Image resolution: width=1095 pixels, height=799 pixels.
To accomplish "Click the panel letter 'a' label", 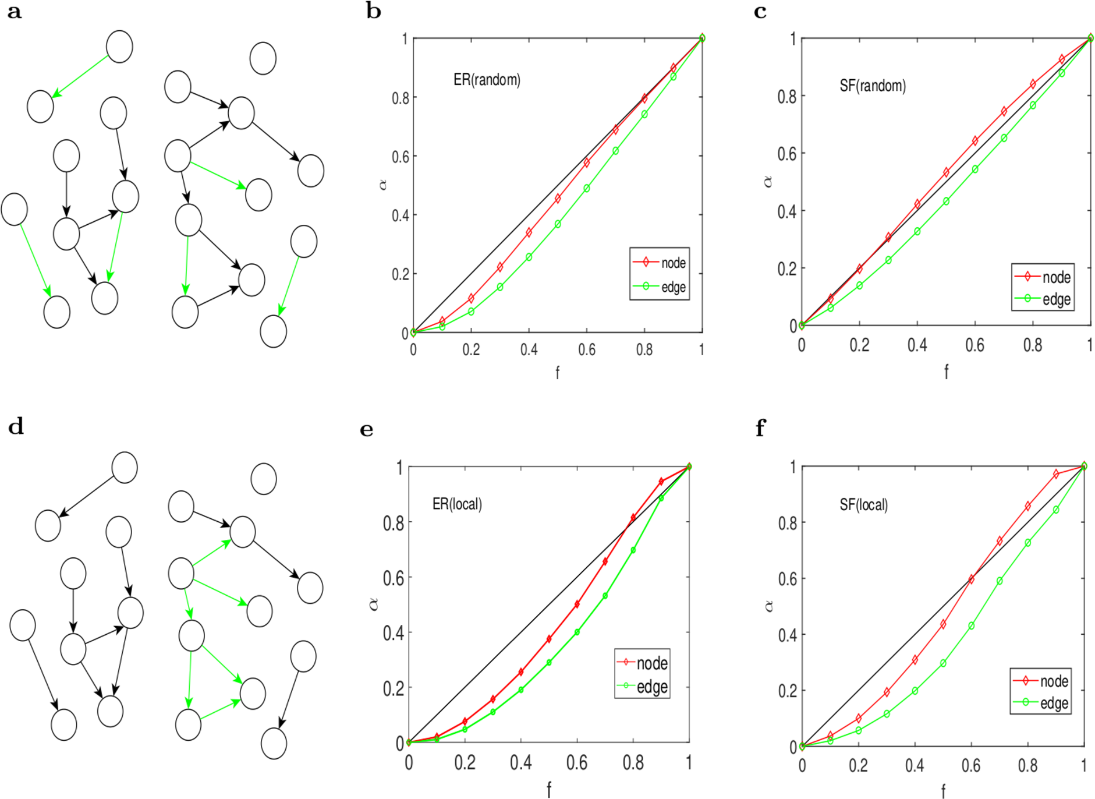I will (x=15, y=12).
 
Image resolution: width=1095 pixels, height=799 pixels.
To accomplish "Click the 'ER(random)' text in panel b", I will (x=487, y=80).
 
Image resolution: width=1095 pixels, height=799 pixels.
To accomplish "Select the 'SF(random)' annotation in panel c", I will (x=872, y=86).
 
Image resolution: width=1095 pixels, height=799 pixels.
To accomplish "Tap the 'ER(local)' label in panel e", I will (x=457, y=504).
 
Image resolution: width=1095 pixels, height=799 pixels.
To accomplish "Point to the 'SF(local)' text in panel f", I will (x=863, y=504).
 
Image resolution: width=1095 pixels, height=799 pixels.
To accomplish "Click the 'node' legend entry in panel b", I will (x=673, y=263).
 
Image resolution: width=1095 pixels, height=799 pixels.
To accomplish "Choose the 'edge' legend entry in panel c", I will (x=1056, y=299).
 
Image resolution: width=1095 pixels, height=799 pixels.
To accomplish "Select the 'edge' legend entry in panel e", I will (x=652, y=687).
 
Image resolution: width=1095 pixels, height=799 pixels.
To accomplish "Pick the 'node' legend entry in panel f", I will (x=1054, y=681).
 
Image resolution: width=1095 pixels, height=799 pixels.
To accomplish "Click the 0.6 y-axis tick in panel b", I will (x=401, y=156).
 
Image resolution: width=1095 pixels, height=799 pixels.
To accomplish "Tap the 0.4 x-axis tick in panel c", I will (x=917, y=345).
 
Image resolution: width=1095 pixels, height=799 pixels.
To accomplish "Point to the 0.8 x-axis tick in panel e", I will (x=633, y=763).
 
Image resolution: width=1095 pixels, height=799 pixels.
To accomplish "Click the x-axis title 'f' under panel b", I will (x=557, y=373).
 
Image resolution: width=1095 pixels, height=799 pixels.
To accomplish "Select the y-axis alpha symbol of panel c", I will (x=768, y=182).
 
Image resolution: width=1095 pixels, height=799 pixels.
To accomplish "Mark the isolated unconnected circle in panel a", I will (x=263, y=58).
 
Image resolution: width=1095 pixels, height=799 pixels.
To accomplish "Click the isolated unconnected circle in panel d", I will (x=264, y=479).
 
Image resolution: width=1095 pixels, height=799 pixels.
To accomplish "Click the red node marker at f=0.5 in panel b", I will (x=558, y=199).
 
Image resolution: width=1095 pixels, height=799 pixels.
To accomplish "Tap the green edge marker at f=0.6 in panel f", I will (x=971, y=625).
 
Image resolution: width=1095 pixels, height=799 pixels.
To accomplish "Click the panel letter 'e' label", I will (x=367, y=430).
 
